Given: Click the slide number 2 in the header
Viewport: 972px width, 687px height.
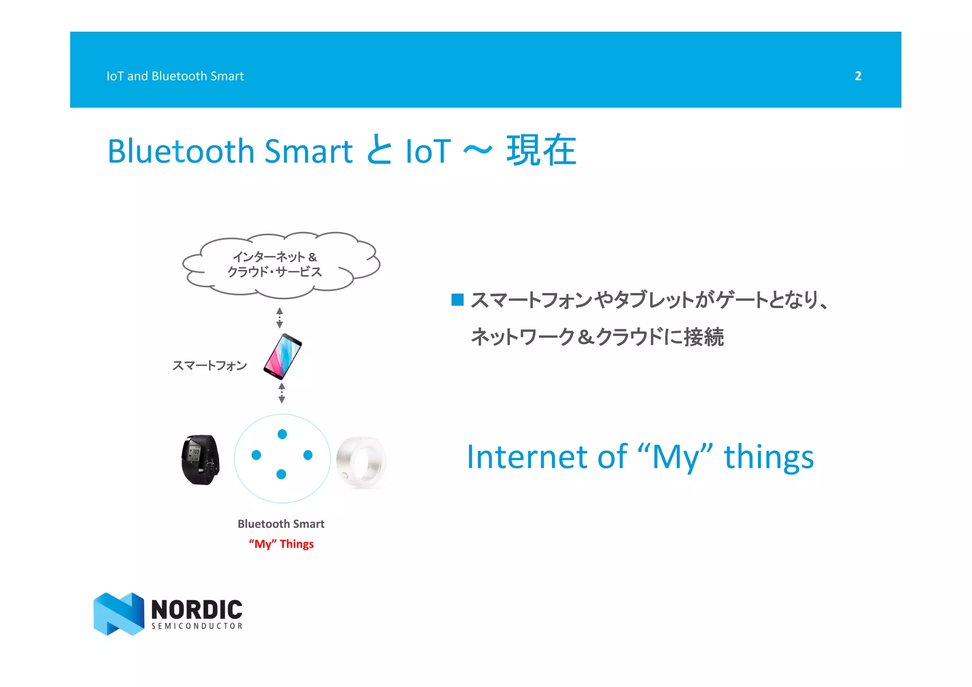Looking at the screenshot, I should tap(858, 76).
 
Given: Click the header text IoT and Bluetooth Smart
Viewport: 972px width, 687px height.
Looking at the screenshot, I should tap(175, 76).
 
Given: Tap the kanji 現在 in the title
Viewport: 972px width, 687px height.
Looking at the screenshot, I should tap(541, 151).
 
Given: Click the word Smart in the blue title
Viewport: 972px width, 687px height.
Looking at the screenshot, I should tap(308, 151).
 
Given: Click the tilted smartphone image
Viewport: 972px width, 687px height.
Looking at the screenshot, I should tap(283, 356).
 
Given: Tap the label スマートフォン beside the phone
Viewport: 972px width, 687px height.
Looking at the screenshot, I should tap(209, 365).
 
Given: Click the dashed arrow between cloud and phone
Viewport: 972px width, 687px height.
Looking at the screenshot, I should tap(280, 318).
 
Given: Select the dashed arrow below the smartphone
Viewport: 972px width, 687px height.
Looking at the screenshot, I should tap(281, 393).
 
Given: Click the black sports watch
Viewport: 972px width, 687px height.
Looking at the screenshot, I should tap(201, 459).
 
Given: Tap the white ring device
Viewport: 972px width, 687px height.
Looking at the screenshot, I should tap(361, 462).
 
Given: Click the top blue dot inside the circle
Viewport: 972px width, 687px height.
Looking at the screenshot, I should tap(282, 434).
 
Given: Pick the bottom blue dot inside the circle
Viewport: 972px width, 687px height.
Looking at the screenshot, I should tap(281, 474).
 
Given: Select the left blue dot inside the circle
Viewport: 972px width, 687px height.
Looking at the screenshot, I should tap(256, 455).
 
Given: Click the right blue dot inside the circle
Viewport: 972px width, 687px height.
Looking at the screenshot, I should tap(308, 455).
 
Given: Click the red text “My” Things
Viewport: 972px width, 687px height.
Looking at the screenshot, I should tap(281, 544).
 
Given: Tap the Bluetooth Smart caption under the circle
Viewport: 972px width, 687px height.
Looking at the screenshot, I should tap(281, 524).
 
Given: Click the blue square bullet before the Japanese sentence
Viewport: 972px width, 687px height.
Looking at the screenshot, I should tap(457, 300).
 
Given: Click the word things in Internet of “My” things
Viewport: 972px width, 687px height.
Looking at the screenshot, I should tap(768, 457).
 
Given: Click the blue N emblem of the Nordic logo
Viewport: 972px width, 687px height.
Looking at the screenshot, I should tap(119, 613).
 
